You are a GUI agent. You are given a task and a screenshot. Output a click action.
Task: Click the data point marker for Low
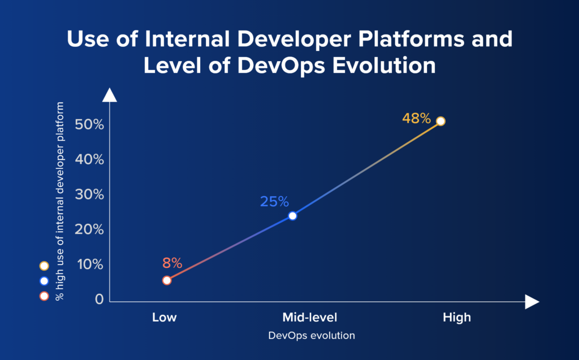[x=167, y=280]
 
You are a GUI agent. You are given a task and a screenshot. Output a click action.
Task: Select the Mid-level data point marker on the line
[x=292, y=215]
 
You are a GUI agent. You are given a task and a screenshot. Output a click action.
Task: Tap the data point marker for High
[x=441, y=121]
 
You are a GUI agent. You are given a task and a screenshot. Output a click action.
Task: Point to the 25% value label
[x=274, y=201]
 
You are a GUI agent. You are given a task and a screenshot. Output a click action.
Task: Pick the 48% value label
[x=416, y=119]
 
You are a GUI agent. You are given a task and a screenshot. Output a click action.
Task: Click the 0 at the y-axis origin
[x=99, y=299]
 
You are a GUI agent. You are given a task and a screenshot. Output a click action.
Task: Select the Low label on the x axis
[x=165, y=317]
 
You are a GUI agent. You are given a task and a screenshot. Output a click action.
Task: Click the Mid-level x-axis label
[x=309, y=317]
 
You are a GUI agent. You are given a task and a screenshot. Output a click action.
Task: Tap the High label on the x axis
[x=456, y=317]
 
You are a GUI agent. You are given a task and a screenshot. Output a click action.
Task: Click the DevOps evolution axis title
[x=312, y=336]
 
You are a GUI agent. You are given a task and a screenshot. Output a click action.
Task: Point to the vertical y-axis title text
[x=59, y=201]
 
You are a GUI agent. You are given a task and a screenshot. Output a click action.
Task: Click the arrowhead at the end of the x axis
[x=532, y=302]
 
